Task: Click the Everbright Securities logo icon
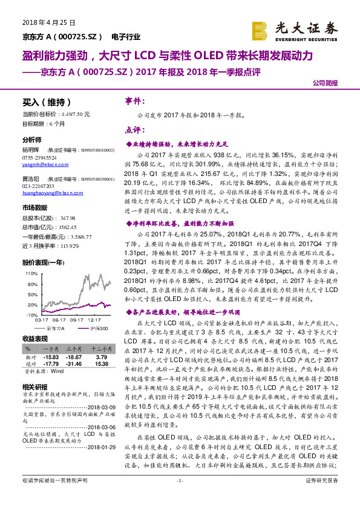click(260, 30)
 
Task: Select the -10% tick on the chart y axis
click(29, 316)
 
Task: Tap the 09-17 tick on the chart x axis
click(77, 321)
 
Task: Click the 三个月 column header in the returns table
click(74, 349)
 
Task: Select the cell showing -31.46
click(74, 363)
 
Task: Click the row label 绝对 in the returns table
click(28, 357)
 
